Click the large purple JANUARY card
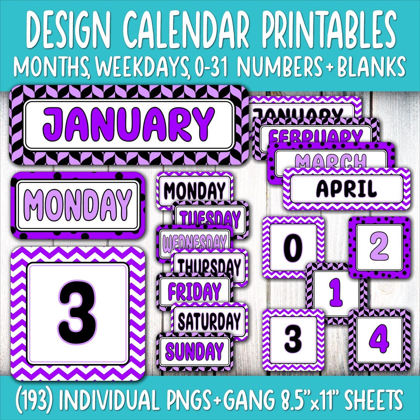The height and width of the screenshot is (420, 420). (128, 124)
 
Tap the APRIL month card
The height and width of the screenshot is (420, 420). (346, 189)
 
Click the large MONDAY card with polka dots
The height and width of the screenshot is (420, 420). (78, 205)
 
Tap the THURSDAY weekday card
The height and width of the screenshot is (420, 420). (210, 266)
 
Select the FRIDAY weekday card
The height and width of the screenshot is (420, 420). (194, 291)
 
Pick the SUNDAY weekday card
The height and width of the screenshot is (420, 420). (194, 351)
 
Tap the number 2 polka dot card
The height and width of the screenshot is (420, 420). (379, 247)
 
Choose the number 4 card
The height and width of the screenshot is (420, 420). (379, 340)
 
